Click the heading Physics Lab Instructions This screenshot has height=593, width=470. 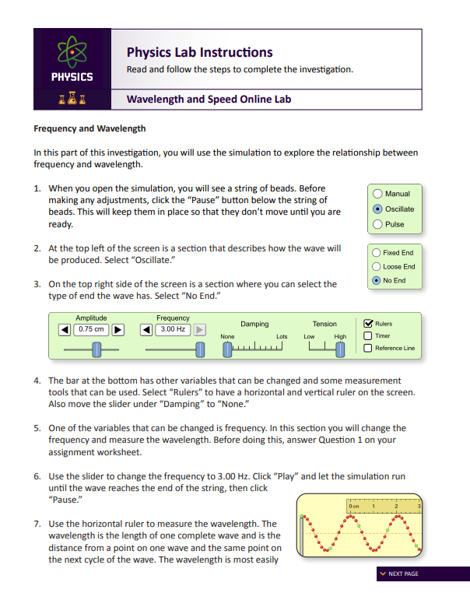pos(199,52)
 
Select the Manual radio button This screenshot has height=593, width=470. pos(378,194)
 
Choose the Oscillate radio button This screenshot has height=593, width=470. pos(378,209)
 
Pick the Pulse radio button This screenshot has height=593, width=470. pos(378,225)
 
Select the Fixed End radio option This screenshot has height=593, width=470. pos(377,253)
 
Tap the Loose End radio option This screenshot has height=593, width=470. pos(377,267)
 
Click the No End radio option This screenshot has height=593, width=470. pos(377,281)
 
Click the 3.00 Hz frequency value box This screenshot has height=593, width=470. pos(172,329)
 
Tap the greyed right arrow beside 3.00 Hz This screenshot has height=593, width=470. pos(199,329)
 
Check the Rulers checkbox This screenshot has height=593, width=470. pos(368,323)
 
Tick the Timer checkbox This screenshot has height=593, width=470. pos(368,335)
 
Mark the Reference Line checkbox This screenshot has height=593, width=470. pos(368,348)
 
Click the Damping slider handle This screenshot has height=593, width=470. pos(227,350)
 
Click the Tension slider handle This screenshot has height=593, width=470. pos(340,350)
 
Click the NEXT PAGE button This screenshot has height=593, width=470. pos(398,574)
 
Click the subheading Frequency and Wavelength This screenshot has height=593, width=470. pos(89,128)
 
